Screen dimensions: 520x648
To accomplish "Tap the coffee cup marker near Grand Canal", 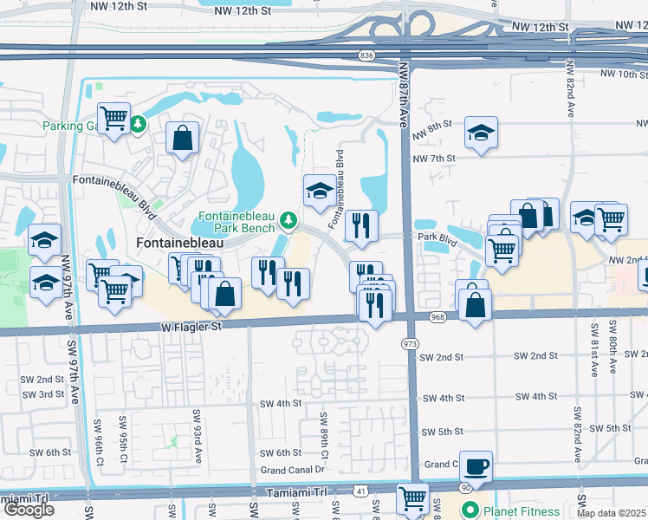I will [x=476, y=466].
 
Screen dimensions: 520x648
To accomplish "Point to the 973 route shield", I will [x=410, y=345].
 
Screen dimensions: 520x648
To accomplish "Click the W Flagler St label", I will [x=190, y=327].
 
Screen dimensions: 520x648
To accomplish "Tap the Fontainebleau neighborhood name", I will [x=179, y=244].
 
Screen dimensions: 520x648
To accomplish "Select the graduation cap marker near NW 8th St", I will [x=481, y=133].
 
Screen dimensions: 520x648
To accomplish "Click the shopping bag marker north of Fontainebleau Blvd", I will [x=183, y=137].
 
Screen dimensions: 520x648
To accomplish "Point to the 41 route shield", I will [x=360, y=491].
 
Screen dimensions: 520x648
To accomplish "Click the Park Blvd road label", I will [x=437, y=236].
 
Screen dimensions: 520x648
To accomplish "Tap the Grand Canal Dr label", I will [x=292, y=471].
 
